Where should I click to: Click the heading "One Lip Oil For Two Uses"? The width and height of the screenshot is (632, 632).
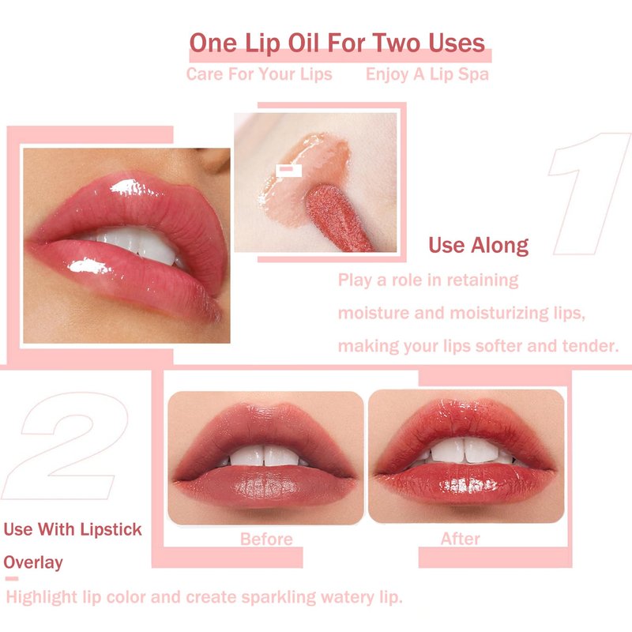tap(337, 43)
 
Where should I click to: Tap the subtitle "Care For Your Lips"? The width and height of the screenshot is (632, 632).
tap(259, 74)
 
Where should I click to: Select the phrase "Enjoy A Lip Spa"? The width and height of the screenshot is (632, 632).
tap(427, 74)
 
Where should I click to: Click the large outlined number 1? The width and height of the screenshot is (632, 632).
tap(589, 194)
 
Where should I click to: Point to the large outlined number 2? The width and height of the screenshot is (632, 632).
tap(66, 446)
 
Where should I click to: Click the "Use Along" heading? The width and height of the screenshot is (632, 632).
tap(479, 245)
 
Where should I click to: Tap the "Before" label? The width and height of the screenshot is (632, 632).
tap(266, 539)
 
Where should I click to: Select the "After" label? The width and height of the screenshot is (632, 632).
tap(461, 539)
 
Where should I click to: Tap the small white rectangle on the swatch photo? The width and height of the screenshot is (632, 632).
tap(288, 170)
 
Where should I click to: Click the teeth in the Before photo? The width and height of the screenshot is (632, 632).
tap(265, 456)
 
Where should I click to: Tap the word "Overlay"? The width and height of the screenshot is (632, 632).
tap(33, 562)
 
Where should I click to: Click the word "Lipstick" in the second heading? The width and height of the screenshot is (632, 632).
tap(111, 529)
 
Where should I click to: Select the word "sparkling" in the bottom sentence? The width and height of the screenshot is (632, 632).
tap(279, 597)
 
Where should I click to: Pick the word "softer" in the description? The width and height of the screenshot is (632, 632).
tap(498, 346)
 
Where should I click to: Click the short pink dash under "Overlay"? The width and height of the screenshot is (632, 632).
tap(12, 579)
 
